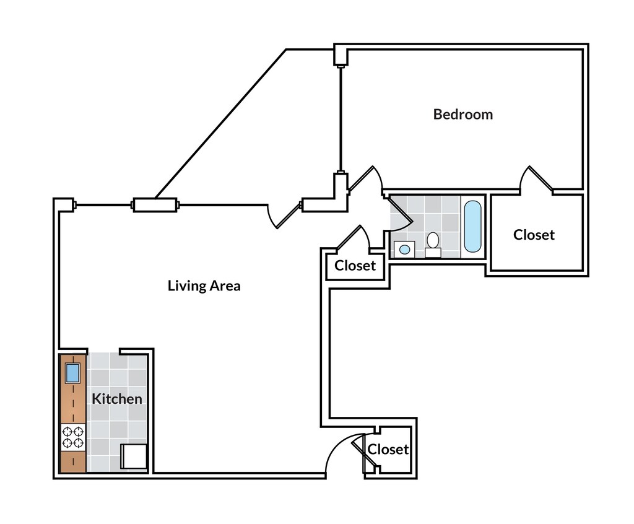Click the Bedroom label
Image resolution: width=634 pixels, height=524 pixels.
[462, 115]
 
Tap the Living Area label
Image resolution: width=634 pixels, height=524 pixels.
[204, 286]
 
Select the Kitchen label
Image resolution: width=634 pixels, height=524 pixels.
[117, 399]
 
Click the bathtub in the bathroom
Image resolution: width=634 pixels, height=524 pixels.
[472, 225]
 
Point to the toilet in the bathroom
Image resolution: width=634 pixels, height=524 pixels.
[433, 243]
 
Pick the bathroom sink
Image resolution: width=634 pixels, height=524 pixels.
[404, 249]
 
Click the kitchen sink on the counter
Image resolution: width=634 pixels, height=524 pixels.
[72, 373]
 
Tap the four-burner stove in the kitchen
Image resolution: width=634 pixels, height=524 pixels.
[73, 437]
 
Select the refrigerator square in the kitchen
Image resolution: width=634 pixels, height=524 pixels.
[134, 457]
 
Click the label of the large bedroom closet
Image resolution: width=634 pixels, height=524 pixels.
[534, 235]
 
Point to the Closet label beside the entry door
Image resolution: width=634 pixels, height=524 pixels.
[388, 449]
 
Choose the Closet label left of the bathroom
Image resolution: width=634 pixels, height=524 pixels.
[355, 266]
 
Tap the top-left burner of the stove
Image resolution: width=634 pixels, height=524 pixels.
[67, 432]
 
